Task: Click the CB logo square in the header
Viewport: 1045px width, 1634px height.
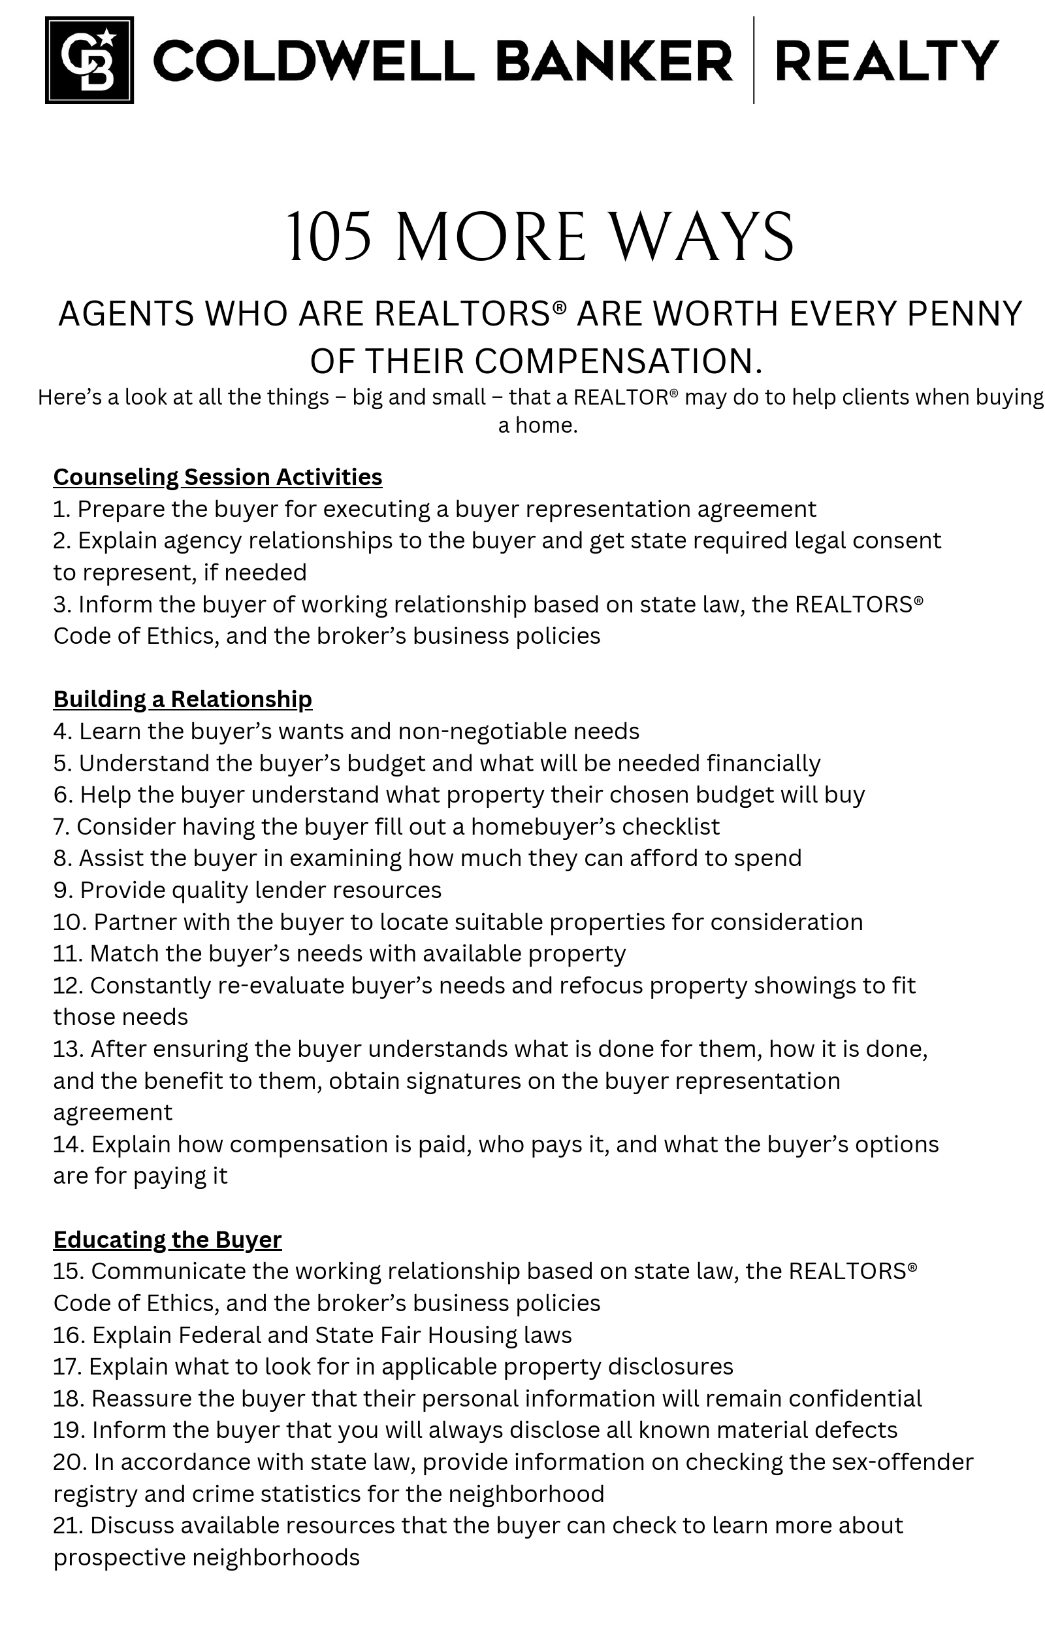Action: pos(89,59)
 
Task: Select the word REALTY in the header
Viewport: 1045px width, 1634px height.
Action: pos(886,60)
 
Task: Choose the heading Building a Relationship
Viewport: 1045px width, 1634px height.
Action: pos(182,699)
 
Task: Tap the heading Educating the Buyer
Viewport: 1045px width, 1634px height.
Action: pos(167,1239)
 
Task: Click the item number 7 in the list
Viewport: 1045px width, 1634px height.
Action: pos(61,827)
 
